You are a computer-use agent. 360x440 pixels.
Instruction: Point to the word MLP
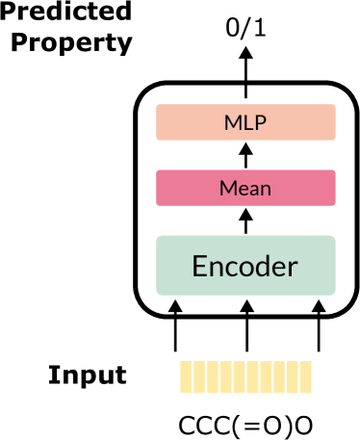tap(245, 123)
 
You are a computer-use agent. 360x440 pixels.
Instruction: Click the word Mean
tap(245, 188)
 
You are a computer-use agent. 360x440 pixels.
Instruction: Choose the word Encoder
tap(245, 266)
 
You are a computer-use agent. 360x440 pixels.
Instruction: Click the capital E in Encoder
tap(200, 266)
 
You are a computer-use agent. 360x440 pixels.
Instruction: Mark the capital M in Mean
tap(227, 188)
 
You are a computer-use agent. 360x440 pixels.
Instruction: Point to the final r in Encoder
tap(294, 268)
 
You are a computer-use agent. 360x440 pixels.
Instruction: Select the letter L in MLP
tap(247, 123)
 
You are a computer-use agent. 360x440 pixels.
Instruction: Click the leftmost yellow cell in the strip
tap(186, 376)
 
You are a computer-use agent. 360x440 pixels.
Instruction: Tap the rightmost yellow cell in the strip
tap(306, 376)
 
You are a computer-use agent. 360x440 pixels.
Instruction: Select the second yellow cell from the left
tap(199, 376)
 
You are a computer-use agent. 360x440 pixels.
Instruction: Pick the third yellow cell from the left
tap(213, 376)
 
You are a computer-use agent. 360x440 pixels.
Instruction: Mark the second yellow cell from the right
tap(293, 376)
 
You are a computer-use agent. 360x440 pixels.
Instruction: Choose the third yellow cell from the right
tap(279, 376)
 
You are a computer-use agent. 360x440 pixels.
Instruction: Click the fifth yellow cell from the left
tap(240, 376)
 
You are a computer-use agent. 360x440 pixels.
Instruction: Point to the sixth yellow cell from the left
tap(253, 376)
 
